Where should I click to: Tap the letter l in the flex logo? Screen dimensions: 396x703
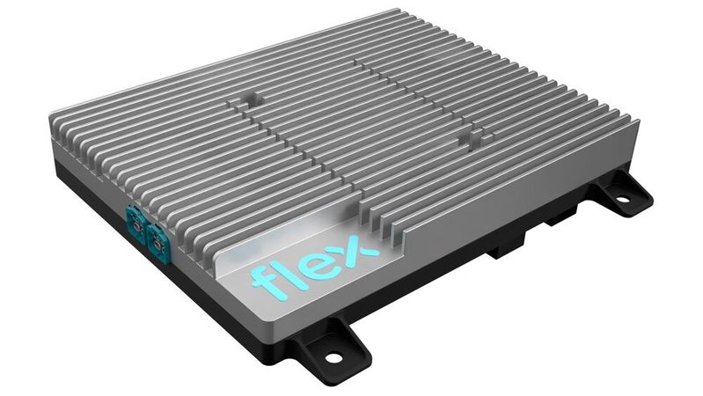coord(289,269)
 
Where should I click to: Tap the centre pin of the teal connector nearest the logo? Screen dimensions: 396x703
coord(159,238)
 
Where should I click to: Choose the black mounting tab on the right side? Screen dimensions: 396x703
coord(620,194)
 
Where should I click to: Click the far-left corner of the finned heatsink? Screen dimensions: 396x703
coord(51,114)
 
